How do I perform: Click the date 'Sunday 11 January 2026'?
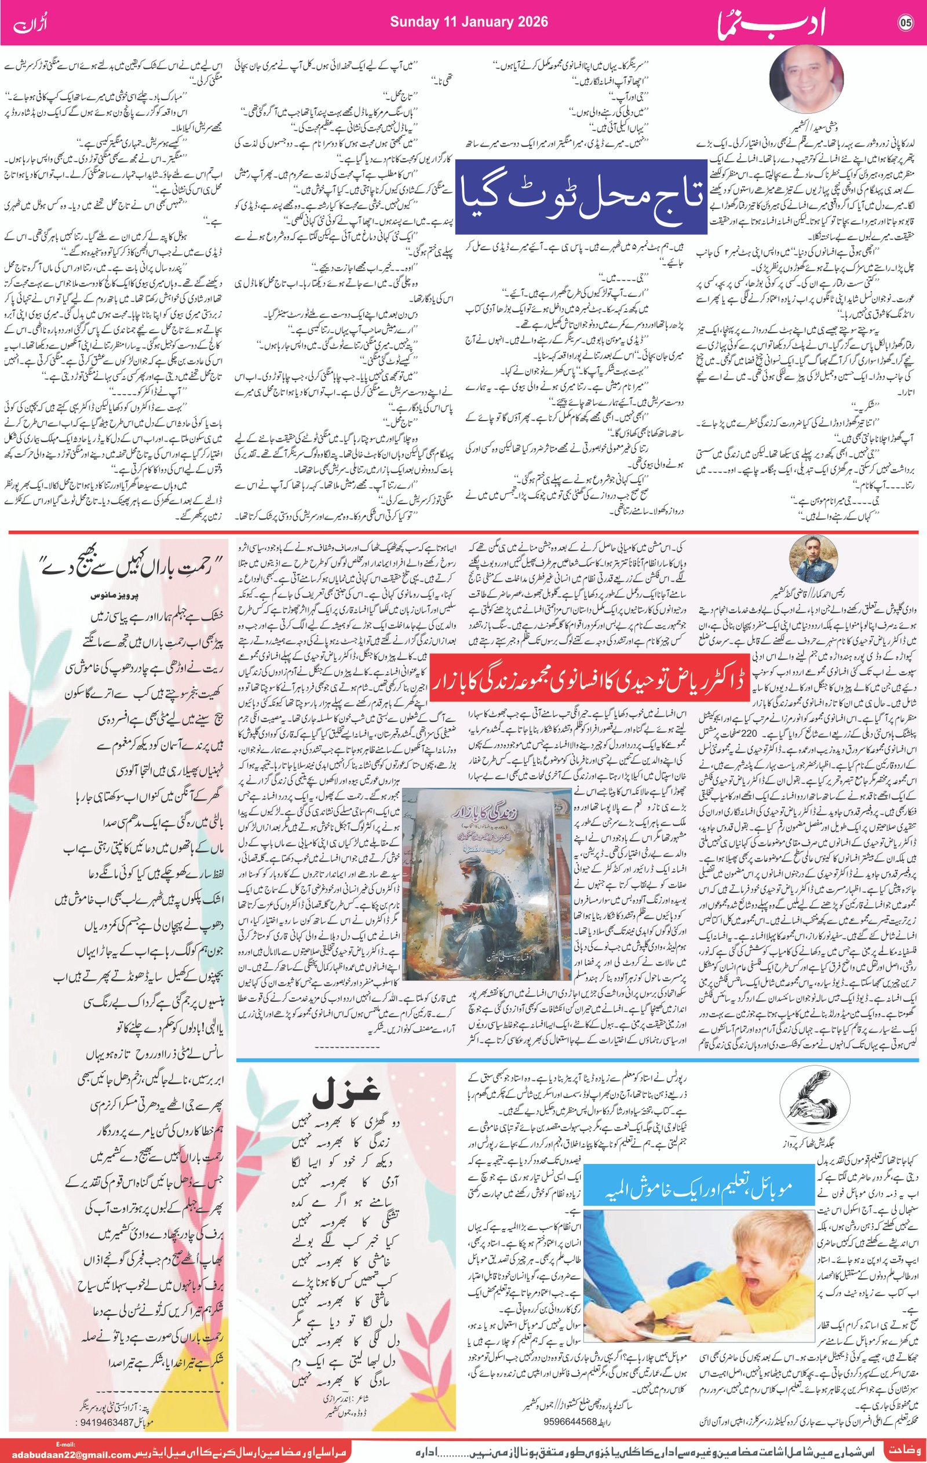468,22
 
